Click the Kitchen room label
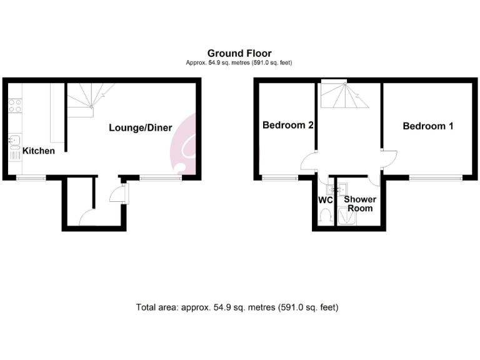[x=39, y=151]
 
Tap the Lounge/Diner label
[x=141, y=127]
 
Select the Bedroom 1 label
[x=428, y=126]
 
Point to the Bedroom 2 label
[x=287, y=125]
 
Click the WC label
[x=325, y=201]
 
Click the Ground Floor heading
[x=239, y=54]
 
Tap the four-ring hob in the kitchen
[x=15, y=105]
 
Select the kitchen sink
[x=15, y=141]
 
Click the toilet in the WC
[x=324, y=217]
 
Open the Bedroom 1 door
[x=389, y=158]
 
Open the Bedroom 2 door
[x=309, y=162]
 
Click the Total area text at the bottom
[x=237, y=307]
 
